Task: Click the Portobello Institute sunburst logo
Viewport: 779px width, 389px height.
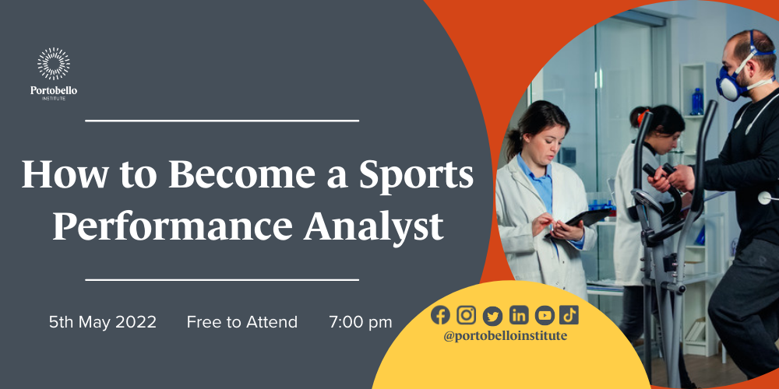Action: [54, 64]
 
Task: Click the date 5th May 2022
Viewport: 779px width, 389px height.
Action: [103, 322]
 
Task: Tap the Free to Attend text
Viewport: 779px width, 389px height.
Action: [242, 322]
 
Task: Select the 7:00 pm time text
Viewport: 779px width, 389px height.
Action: [360, 322]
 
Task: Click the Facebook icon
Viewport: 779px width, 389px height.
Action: [440, 315]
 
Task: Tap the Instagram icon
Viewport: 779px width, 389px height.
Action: [466, 315]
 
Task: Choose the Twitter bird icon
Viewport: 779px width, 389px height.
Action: [492, 316]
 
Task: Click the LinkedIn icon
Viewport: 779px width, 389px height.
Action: [519, 315]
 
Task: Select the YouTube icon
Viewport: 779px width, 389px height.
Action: [545, 315]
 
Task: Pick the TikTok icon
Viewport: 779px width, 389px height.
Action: [569, 315]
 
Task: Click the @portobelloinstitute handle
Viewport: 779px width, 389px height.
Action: [506, 336]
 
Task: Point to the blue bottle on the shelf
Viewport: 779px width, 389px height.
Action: [697, 102]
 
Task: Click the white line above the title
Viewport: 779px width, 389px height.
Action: [222, 121]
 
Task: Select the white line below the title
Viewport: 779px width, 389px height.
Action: [222, 280]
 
